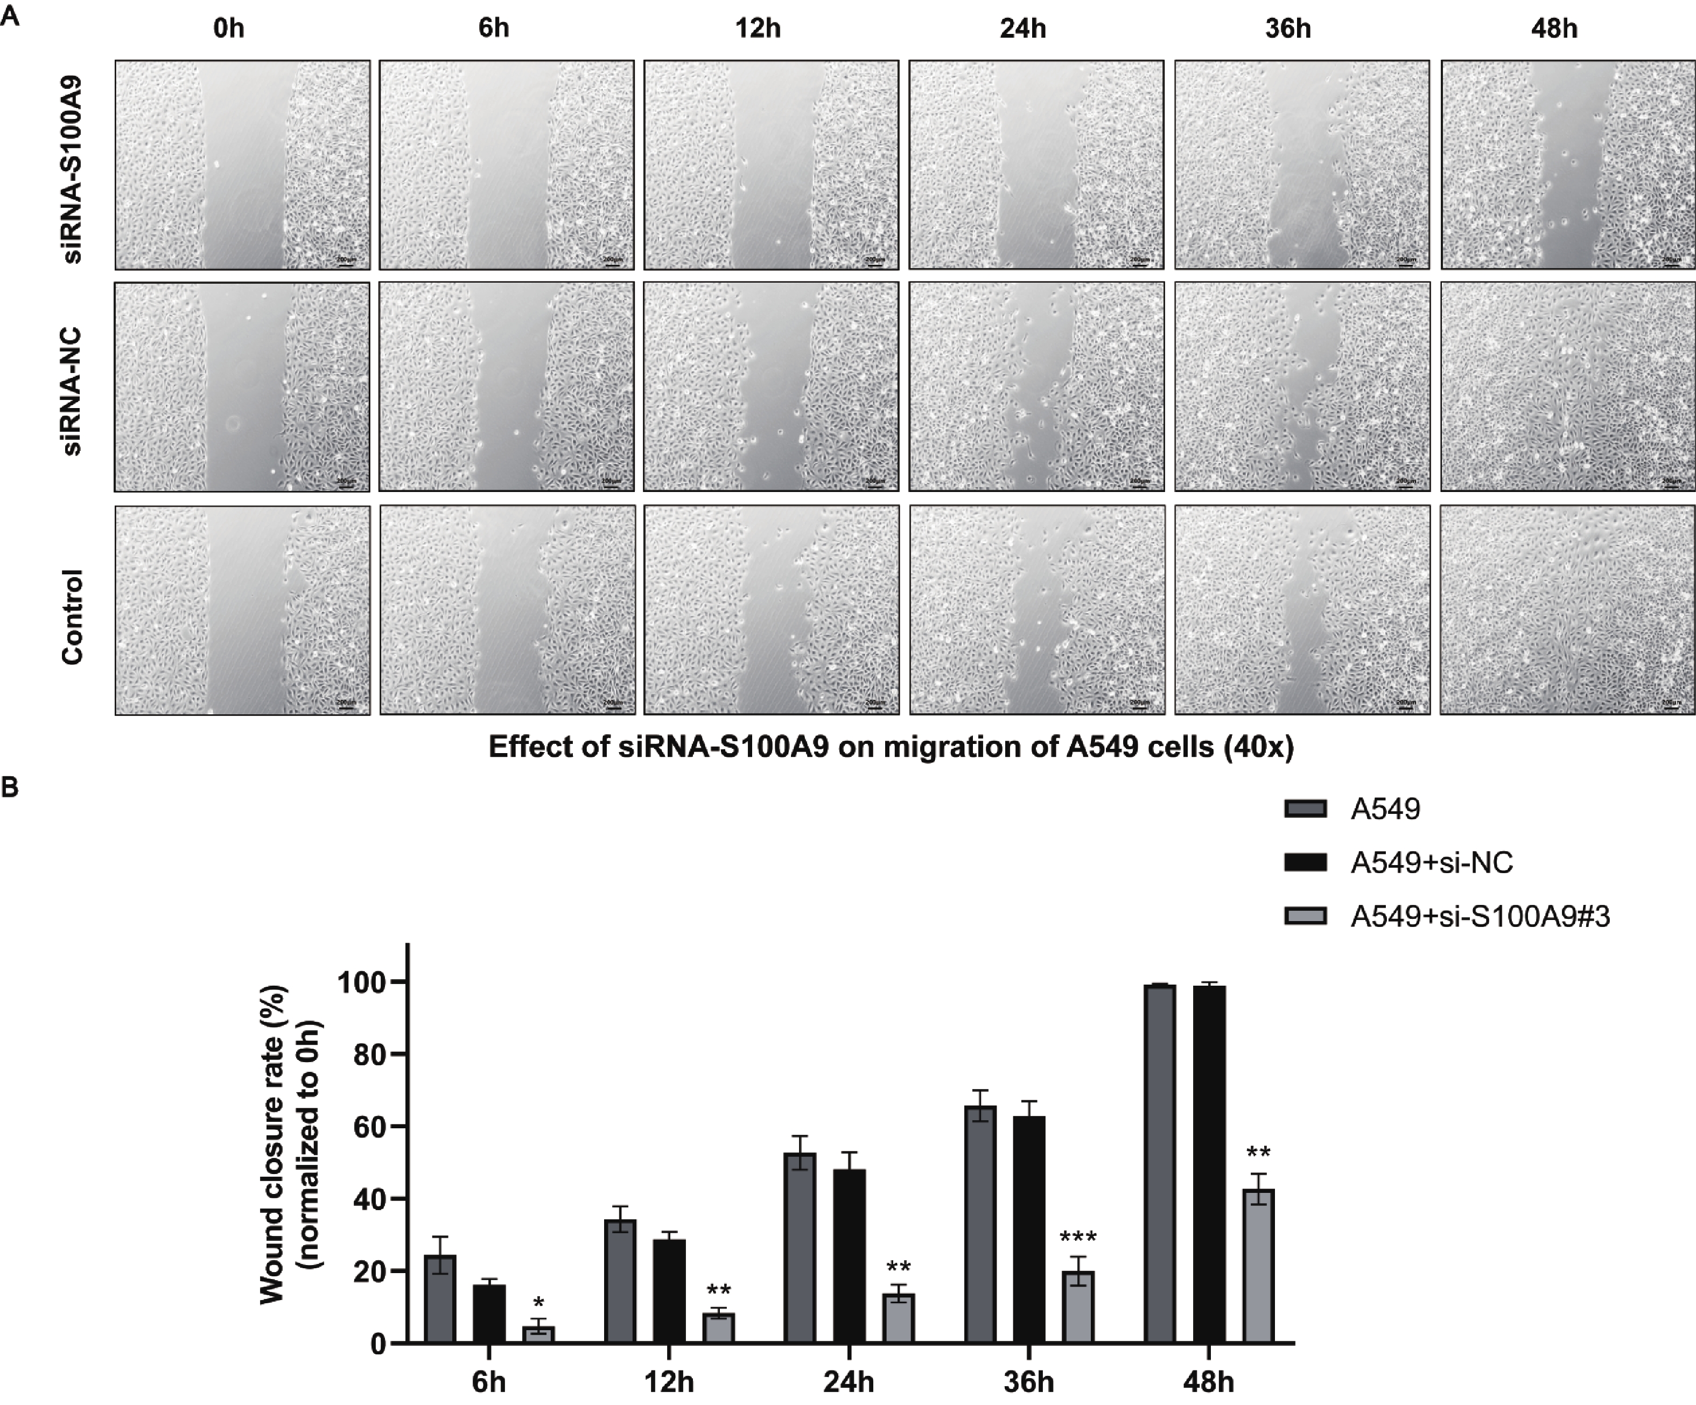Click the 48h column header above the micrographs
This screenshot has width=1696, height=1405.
click(1554, 29)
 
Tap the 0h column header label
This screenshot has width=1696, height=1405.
click(228, 29)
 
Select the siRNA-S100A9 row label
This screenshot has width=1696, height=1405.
click(73, 169)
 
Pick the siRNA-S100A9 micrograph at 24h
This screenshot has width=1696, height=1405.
click(1036, 165)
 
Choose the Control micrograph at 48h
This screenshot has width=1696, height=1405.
click(1567, 610)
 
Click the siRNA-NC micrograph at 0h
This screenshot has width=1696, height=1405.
click(242, 387)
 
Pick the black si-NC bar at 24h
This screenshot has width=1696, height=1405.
click(850, 1255)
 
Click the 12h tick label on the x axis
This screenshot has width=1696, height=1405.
click(669, 1382)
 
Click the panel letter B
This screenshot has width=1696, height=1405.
click(10, 787)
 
